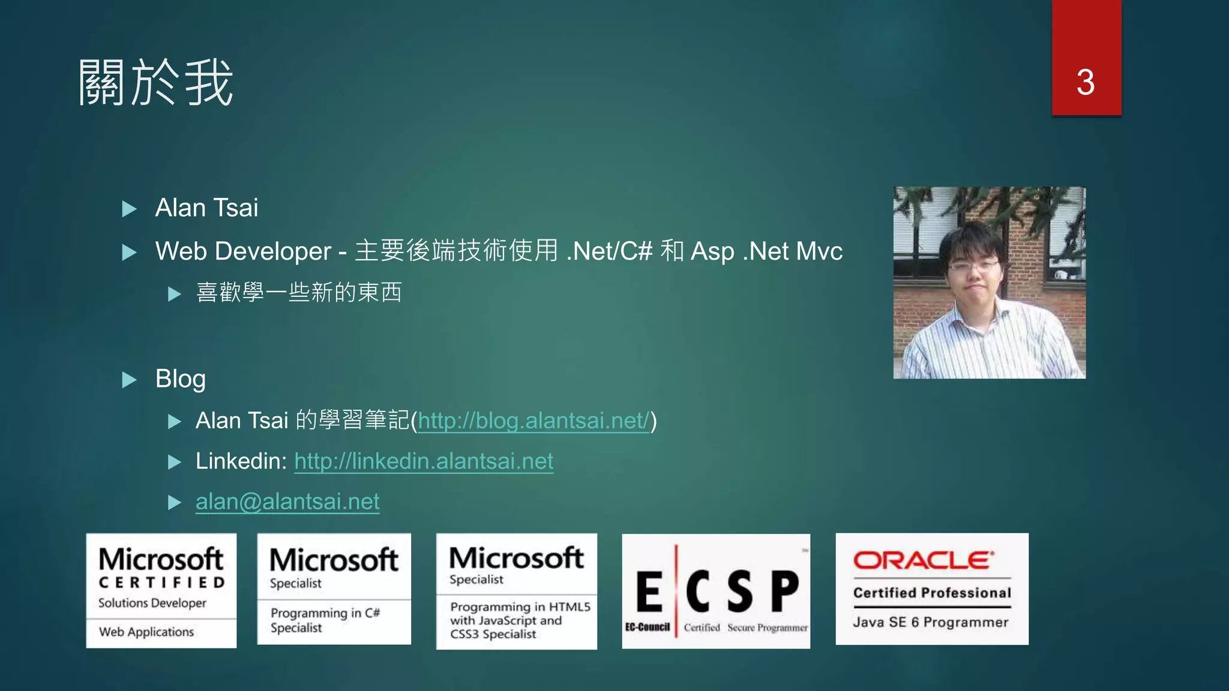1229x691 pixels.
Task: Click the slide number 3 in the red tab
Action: tap(1086, 82)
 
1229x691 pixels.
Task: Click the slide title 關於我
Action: tap(155, 83)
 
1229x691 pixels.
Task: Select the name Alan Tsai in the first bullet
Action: tap(206, 208)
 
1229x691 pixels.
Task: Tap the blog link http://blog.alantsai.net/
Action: tap(533, 420)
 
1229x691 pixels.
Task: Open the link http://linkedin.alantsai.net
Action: tap(424, 461)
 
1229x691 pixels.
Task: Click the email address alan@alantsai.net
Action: tap(287, 501)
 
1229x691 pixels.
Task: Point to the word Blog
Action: tap(180, 379)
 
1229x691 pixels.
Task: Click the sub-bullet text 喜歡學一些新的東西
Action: tap(299, 293)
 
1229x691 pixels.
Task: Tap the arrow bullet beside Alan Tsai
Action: tap(129, 209)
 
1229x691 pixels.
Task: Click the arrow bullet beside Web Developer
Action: tap(129, 253)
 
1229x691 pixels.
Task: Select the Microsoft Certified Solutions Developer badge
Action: tap(161, 590)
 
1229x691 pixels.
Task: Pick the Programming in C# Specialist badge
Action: tap(334, 589)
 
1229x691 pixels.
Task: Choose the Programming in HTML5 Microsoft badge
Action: tap(516, 591)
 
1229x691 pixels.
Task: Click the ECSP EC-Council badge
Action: tap(716, 591)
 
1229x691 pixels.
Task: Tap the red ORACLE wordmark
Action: tap(924, 560)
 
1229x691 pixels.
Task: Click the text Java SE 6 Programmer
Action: tap(931, 622)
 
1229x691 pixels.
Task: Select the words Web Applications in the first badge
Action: tap(146, 632)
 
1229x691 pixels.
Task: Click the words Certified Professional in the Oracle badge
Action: tap(932, 593)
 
